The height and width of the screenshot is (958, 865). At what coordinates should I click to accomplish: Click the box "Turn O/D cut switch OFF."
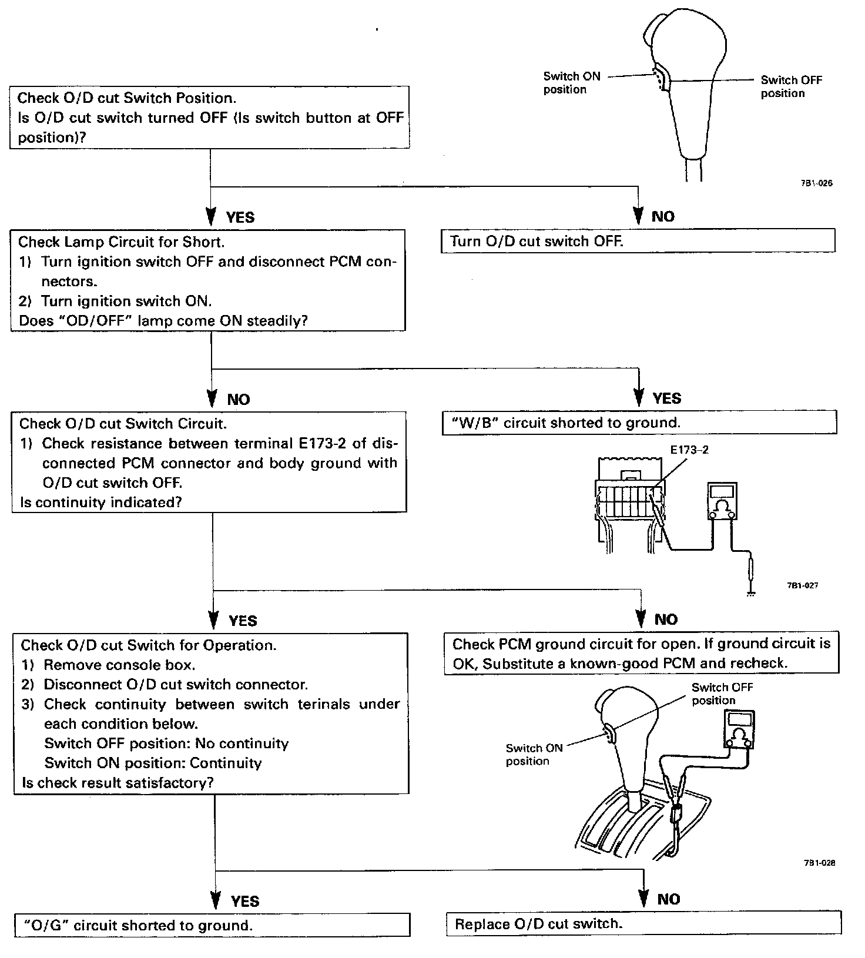coord(638,241)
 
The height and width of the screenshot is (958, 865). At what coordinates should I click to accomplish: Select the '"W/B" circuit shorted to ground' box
coord(639,423)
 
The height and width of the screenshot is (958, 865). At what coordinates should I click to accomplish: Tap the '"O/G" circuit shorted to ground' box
coord(212,925)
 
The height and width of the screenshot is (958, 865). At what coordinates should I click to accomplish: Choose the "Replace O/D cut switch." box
coord(643,923)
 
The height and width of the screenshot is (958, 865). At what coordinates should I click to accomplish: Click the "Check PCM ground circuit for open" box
coord(641,654)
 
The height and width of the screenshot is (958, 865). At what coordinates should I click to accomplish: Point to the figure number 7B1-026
coord(816,183)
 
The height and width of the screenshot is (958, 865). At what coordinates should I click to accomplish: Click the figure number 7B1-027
coord(802,585)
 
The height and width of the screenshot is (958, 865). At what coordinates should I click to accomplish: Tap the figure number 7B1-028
coord(819,863)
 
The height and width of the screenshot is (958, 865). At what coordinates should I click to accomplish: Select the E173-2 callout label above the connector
coord(689,450)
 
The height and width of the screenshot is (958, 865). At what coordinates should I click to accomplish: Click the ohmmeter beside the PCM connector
coord(722,502)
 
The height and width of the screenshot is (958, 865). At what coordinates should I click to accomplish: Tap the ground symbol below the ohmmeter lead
coord(750,594)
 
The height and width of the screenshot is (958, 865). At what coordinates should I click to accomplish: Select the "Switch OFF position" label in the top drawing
coord(791,86)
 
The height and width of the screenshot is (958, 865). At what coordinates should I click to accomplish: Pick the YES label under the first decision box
coord(240,217)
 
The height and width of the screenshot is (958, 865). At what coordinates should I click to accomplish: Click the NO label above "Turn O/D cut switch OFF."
coord(663,217)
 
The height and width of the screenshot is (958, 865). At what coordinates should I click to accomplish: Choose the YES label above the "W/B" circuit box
coord(666,398)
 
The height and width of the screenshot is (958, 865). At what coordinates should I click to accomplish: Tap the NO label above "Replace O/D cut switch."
coord(669,899)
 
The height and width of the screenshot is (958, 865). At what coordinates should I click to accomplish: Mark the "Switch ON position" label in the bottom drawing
coord(534,754)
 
